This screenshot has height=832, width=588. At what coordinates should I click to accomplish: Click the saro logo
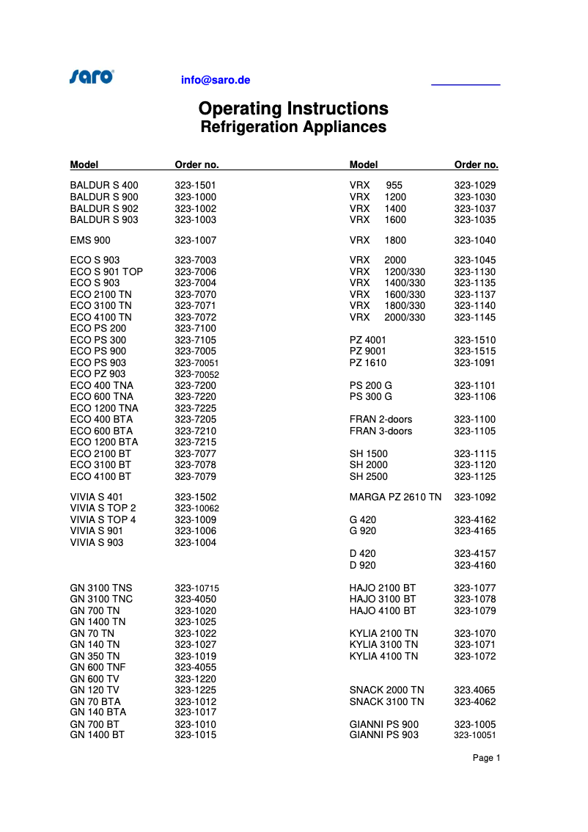92,76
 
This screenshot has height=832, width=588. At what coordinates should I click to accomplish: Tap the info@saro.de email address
216,80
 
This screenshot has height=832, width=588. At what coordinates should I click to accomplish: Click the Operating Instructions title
293,109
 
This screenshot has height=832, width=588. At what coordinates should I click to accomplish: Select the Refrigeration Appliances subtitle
293,127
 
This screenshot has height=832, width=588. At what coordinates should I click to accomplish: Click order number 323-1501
195,186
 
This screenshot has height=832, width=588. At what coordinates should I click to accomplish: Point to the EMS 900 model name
91,240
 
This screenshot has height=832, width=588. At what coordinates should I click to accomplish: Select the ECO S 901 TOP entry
106,271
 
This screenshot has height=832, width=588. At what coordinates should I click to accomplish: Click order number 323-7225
195,408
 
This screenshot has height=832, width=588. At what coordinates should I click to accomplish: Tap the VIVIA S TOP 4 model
103,519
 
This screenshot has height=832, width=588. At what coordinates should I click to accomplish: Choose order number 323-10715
196,588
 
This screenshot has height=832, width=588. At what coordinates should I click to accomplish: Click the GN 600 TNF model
98,667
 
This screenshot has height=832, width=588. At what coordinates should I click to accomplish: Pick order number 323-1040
474,240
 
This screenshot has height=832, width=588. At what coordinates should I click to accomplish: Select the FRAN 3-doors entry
381,431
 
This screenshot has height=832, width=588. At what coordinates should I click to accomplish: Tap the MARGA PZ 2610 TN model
395,497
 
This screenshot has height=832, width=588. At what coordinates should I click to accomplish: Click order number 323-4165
474,530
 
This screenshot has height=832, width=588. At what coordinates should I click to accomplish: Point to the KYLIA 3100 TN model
383,644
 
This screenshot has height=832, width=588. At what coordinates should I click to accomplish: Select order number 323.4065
474,690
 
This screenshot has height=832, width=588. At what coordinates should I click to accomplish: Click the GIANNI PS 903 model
384,734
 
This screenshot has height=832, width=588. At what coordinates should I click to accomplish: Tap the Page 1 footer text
486,758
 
